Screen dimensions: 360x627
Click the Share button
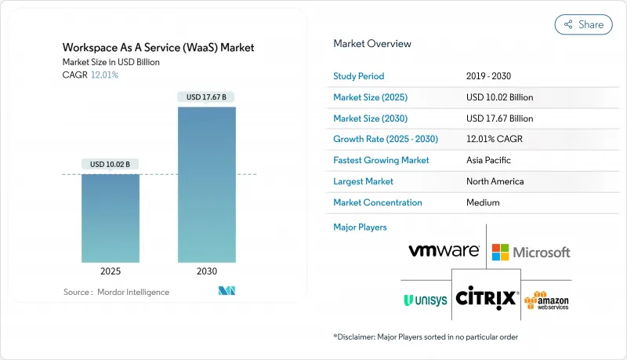click(x=583, y=24)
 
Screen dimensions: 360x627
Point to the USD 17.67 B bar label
click(x=206, y=97)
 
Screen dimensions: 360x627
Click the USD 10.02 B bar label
click(x=111, y=164)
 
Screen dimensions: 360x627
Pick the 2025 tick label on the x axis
click(x=111, y=271)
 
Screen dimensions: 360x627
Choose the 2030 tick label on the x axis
click(x=206, y=271)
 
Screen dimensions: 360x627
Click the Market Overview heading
click(x=372, y=44)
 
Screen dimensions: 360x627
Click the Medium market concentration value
click(x=483, y=202)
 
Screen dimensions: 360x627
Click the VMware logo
click(x=444, y=251)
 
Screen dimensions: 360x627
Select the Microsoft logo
click(x=531, y=252)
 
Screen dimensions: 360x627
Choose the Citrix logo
click(x=486, y=298)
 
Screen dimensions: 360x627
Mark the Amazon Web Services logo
click(x=548, y=300)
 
